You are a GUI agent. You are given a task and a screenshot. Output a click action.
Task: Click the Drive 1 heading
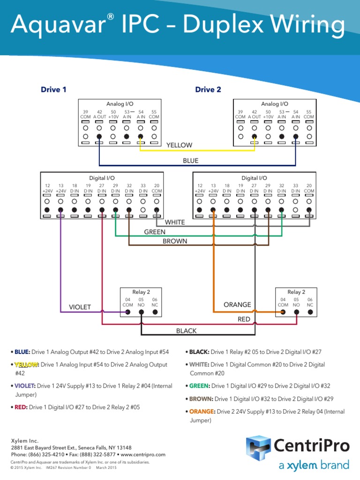pyautogui.click(x=53, y=90)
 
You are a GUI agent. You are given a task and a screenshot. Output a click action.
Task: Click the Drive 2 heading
pyautogui.click(x=208, y=90)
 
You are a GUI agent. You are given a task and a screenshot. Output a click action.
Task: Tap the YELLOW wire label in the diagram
pyautogui.click(x=179, y=145)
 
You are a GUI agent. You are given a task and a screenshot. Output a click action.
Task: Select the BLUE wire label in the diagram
pyautogui.click(x=190, y=161)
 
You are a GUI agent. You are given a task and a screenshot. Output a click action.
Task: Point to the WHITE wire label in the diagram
pyautogui.click(x=174, y=222)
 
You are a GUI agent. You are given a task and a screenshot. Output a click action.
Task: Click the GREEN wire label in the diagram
pyautogui.click(x=155, y=232)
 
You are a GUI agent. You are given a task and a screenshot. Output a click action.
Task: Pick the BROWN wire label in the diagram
pyautogui.click(x=175, y=241)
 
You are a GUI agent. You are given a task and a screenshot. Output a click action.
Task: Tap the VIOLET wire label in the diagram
pyautogui.click(x=80, y=307)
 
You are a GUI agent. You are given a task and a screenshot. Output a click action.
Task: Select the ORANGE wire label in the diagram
pyautogui.click(x=237, y=305)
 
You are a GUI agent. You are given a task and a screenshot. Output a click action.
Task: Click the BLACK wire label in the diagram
pyautogui.click(x=186, y=331)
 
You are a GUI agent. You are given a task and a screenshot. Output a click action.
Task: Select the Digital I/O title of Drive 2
pyautogui.click(x=254, y=178)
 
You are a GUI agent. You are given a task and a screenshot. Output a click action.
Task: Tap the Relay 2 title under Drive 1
pyautogui.click(x=141, y=292)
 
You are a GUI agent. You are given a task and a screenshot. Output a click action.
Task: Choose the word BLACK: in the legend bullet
pyautogui.click(x=199, y=352)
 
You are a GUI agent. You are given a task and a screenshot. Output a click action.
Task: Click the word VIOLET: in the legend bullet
pyautogui.click(x=24, y=386)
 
